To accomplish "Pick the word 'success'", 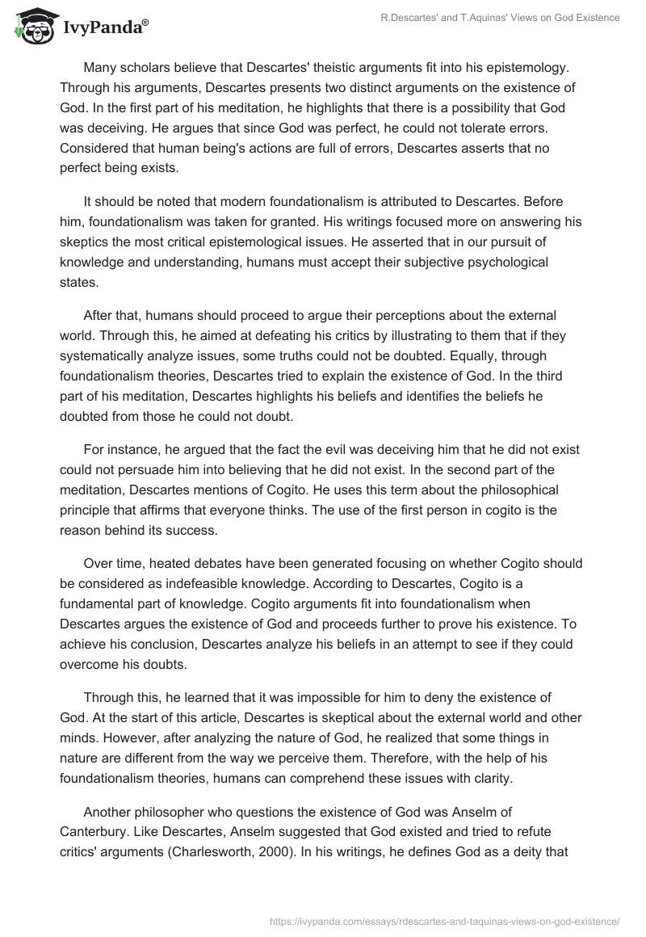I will point(182,530).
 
